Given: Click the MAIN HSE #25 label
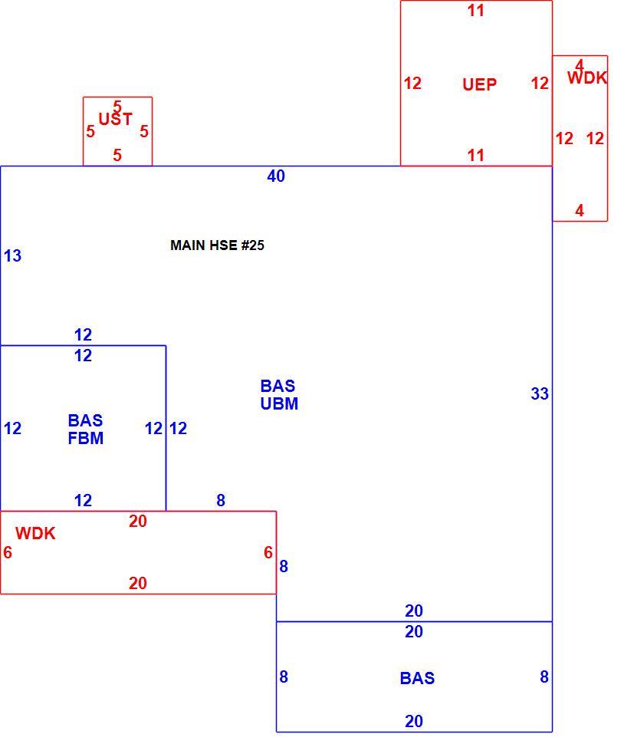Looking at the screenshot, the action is pyautogui.click(x=217, y=245).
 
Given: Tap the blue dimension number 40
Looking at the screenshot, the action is pyautogui.click(x=276, y=176).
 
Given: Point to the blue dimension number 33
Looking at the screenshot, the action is pyautogui.click(x=540, y=393).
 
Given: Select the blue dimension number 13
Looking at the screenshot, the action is pyautogui.click(x=12, y=255).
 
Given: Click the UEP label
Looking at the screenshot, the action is pyautogui.click(x=479, y=84).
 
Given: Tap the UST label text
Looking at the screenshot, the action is pyautogui.click(x=115, y=119).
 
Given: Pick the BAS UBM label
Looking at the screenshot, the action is pyautogui.click(x=279, y=395).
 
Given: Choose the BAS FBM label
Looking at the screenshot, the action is pyautogui.click(x=85, y=429).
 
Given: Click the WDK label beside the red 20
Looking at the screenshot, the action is pyautogui.click(x=35, y=533).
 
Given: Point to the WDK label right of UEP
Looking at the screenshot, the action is pyautogui.click(x=587, y=77).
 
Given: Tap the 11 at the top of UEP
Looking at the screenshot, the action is pyautogui.click(x=475, y=11).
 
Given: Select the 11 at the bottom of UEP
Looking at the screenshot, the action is pyautogui.click(x=475, y=155).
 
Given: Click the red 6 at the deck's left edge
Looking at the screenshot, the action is pyautogui.click(x=8, y=552).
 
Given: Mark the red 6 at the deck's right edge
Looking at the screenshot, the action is pyautogui.click(x=268, y=552).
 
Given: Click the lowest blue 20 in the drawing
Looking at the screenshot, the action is pyautogui.click(x=414, y=721).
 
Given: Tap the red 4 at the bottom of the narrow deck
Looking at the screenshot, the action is pyautogui.click(x=580, y=210).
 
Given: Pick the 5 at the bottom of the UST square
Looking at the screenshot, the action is pyautogui.click(x=117, y=155).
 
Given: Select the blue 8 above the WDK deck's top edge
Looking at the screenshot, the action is pyautogui.click(x=221, y=500).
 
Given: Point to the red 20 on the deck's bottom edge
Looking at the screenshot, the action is pyautogui.click(x=137, y=583).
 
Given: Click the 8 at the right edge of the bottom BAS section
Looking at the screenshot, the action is pyautogui.click(x=544, y=677).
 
